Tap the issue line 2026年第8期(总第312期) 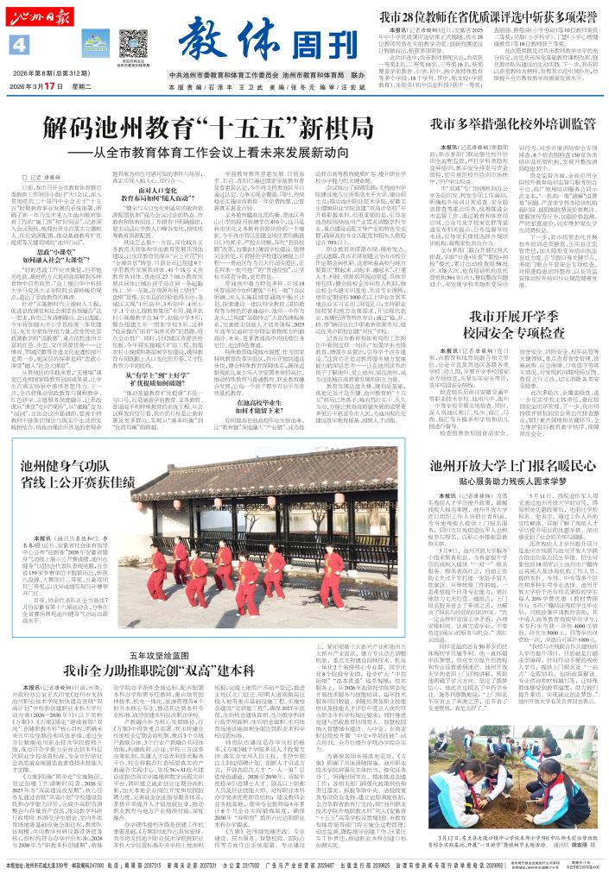[53, 74]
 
